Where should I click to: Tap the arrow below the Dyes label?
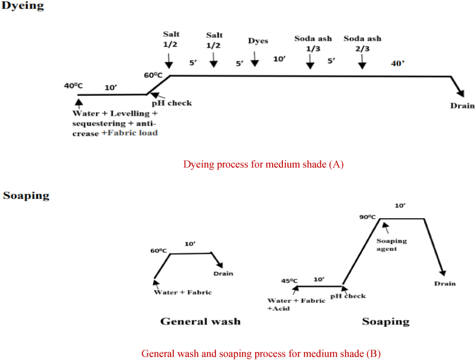(x=255, y=58)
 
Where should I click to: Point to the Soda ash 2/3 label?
(x=362, y=43)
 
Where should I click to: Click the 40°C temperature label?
(x=73, y=86)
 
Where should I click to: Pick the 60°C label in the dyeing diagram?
(x=153, y=75)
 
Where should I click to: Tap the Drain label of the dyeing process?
(x=462, y=106)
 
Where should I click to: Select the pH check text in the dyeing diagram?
(x=171, y=103)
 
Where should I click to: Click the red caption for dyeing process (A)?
(x=263, y=164)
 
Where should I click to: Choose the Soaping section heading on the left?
(x=26, y=195)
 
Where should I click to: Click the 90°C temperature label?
(x=367, y=216)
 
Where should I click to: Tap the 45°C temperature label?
(x=290, y=280)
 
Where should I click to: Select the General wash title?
(x=200, y=321)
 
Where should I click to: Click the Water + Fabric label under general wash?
(x=183, y=292)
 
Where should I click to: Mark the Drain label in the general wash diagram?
(x=223, y=273)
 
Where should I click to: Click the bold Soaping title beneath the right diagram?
(x=385, y=321)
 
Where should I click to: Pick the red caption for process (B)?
(x=261, y=353)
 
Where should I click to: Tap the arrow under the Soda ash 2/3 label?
(x=361, y=62)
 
